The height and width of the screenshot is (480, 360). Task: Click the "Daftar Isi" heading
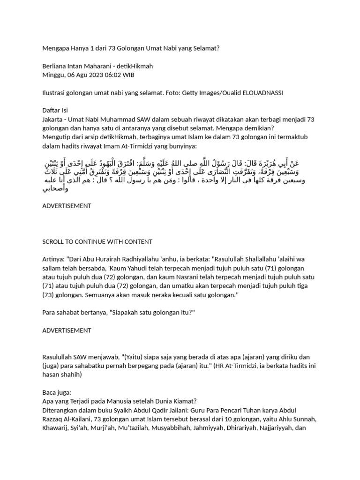(55, 111)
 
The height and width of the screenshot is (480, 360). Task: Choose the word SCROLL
(54, 241)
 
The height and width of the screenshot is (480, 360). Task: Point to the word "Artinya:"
(55, 259)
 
